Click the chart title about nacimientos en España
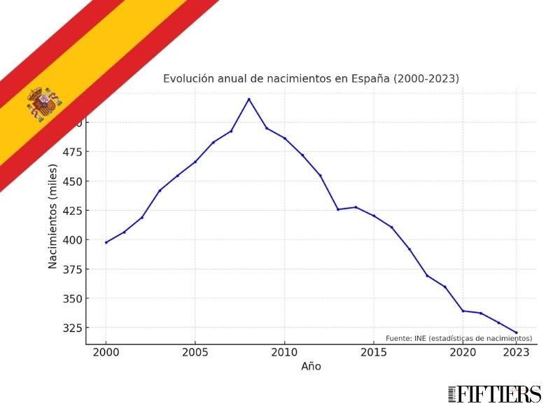tap(311, 78)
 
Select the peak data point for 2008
tap(248, 99)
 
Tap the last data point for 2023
tap(516, 332)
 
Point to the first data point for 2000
tap(106, 242)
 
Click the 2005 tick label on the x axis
tap(195, 353)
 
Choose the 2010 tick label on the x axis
tap(284, 353)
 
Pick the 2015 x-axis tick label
tap(373, 353)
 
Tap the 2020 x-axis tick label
tap(462, 353)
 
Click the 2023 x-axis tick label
tap(516, 353)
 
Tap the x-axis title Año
tap(311, 367)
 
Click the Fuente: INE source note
tap(458, 339)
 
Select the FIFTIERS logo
tap(494, 394)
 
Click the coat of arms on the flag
tap(44, 104)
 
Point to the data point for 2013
tap(337, 209)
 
